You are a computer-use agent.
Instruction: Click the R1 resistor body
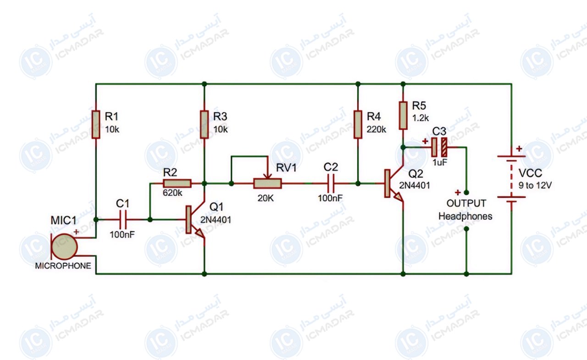[96, 124]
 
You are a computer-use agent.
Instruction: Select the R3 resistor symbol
[205, 124]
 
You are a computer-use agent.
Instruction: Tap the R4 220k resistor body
[358, 124]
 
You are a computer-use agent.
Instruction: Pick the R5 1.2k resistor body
[403, 116]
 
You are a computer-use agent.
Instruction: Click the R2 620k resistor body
[177, 183]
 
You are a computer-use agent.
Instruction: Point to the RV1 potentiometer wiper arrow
[267, 176]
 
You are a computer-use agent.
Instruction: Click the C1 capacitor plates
[122, 220]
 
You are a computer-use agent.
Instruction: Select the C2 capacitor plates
[331, 183]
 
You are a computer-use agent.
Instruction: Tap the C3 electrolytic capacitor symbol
[439, 148]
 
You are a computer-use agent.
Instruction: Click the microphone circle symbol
[64, 247]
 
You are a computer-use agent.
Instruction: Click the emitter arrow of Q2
[399, 197]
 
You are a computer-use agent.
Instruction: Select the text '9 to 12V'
[535, 185]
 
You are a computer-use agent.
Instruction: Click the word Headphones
[465, 216]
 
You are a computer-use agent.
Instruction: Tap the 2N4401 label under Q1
[216, 220]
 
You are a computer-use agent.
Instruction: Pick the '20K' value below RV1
[266, 198]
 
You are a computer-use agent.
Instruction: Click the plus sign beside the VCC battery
[519, 149]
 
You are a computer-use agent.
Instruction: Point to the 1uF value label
[440, 162]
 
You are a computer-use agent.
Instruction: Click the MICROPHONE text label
[63, 266]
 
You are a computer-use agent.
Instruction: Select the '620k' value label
[172, 193]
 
